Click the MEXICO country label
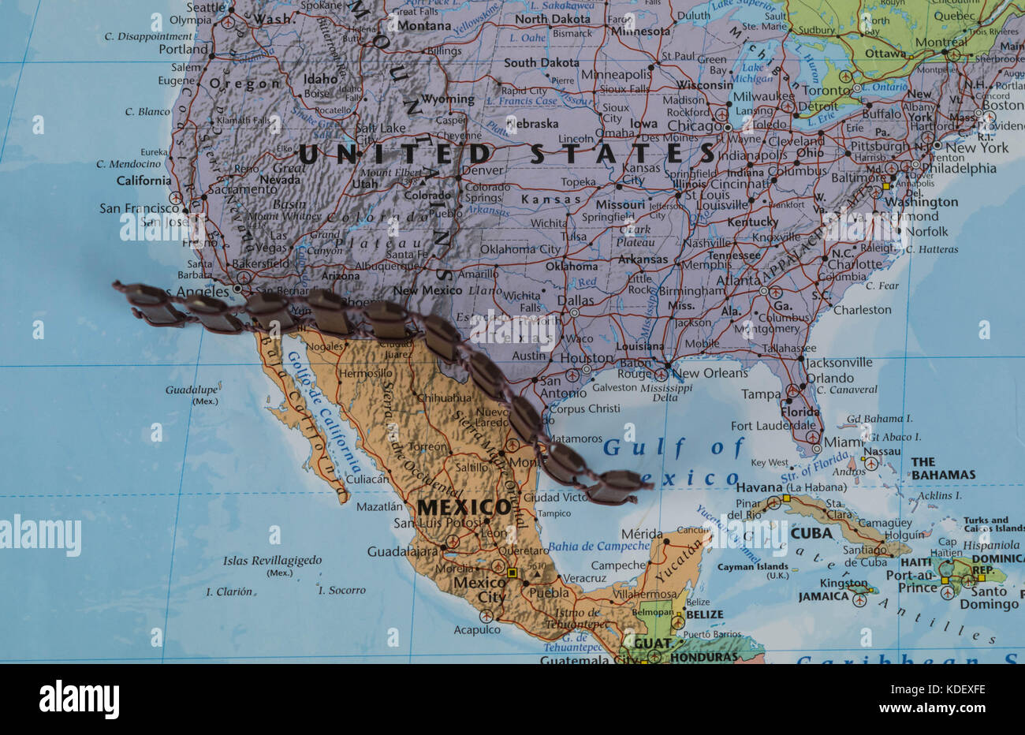tap(464, 506)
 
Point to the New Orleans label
tap(708, 373)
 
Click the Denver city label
tap(482, 170)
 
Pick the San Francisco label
tap(140, 208)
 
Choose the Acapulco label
tap(477, 629)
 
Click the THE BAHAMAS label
tap(943, 468)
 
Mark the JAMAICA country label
tap(823, 597)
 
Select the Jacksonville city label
tap(839, 362)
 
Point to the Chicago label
tap(695, 125)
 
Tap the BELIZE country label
tap(704, 614)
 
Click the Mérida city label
tap(642, 534)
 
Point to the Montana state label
tap(424, 25)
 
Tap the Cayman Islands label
tap(752, 566)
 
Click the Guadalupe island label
tap(192, 390)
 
